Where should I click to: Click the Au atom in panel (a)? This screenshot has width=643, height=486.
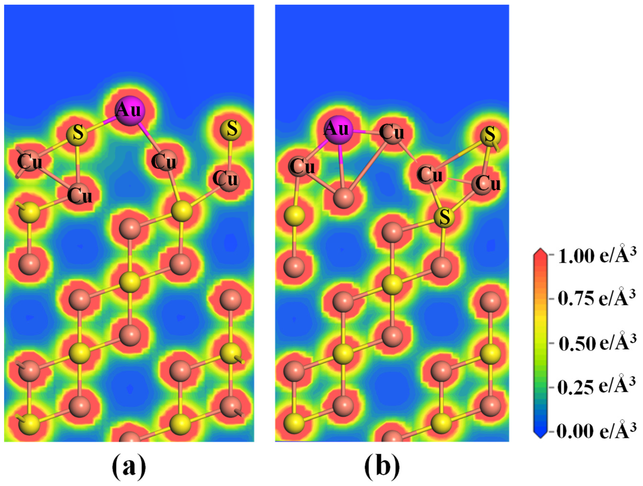point(130,111)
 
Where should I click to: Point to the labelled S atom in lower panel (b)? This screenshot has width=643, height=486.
point(444,217)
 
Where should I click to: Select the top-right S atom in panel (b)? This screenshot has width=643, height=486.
point(490,135)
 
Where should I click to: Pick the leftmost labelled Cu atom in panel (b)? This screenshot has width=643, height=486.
point(301,167)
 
